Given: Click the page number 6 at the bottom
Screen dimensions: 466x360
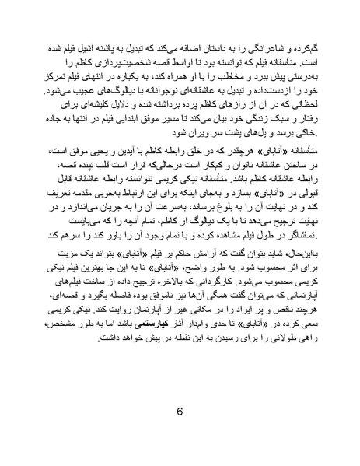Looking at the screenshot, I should pyautogui.click(x=180, y=412).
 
